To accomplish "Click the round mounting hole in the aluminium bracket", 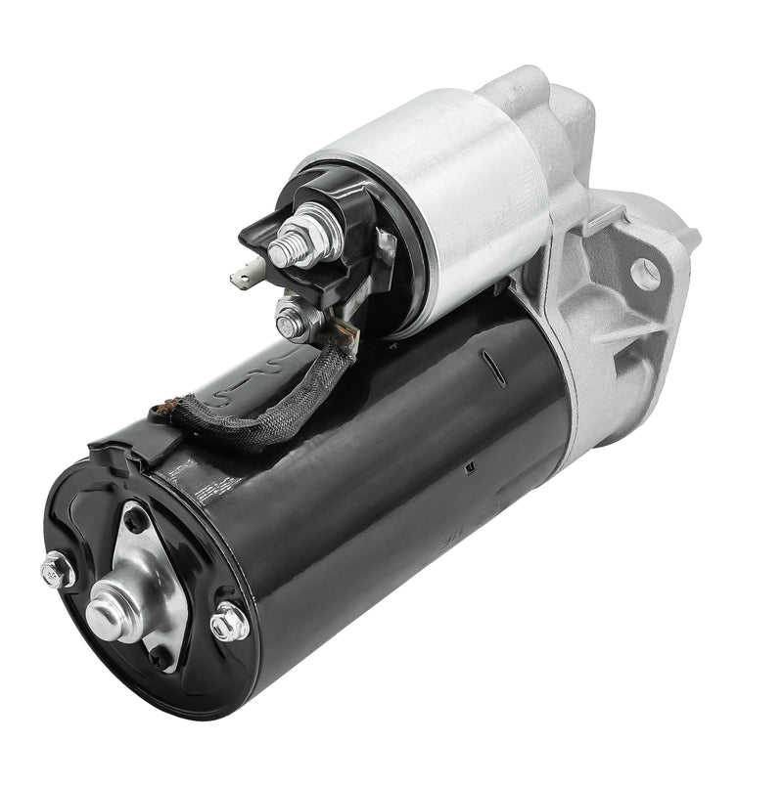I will point(645,274).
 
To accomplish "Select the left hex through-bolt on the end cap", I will point(57,570).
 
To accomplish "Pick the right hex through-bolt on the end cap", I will point(229,622).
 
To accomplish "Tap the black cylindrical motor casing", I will point(391,489).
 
